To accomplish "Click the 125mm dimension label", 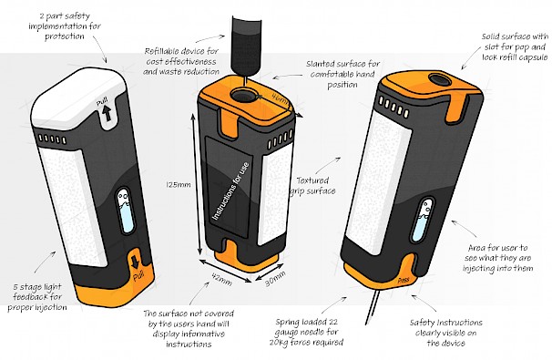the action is (179, 185).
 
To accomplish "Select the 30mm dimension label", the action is (275, 278).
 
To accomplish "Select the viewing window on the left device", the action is (126, 211).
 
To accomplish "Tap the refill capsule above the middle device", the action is (246, 45).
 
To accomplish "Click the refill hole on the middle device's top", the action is (243, 95).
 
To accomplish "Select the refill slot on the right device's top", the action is (439, 79).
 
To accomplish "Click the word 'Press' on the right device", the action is (404, 281).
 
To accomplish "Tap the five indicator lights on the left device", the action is (52, 139).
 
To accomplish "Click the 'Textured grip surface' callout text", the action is (312, 186).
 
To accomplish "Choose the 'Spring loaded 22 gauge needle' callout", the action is (306, 332).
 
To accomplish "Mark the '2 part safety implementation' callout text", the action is (65, 26).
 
